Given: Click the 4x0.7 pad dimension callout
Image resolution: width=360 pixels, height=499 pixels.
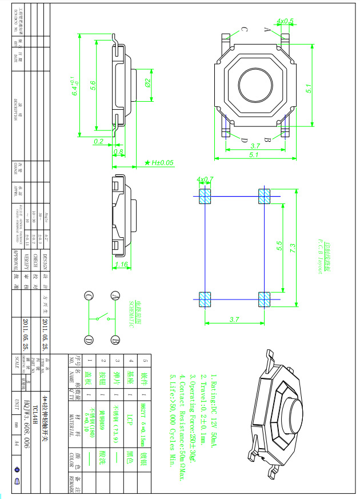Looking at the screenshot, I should [205, 179].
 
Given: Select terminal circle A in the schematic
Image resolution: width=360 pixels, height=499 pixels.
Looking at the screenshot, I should [116, 296].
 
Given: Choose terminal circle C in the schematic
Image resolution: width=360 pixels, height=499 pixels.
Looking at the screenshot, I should [89, 296].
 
